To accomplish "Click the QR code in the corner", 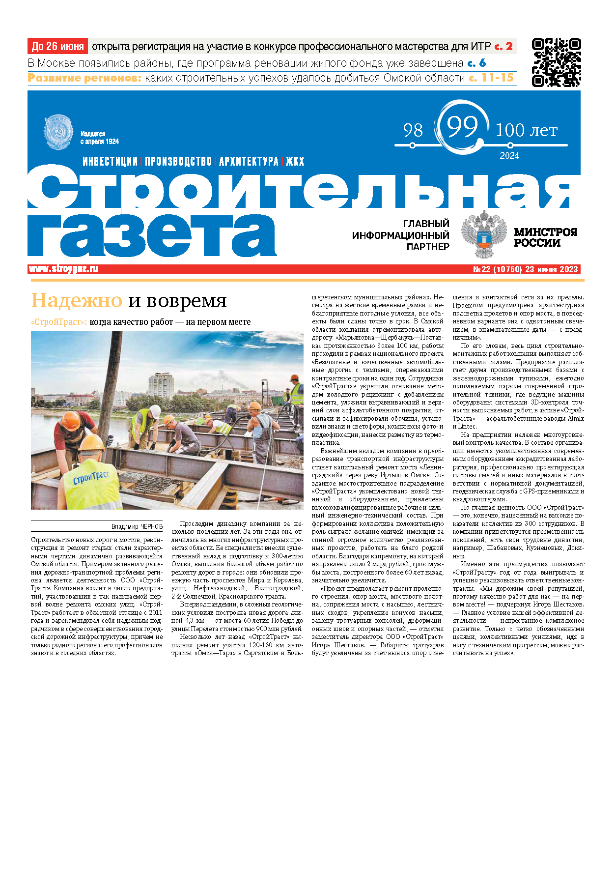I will pos(556,62).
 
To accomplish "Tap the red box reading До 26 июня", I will pos(57,47).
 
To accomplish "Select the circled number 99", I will pos(462,127).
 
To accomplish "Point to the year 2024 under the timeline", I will pos(509,156).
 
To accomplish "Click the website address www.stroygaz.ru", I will pos(63,269).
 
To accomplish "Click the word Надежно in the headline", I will pos(77,300).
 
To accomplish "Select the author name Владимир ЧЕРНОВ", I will pos(137,526).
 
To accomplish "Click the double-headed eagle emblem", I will pos(484,234).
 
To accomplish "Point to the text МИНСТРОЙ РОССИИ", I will pos(545,237).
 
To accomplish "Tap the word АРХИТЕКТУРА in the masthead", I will pos(249,162).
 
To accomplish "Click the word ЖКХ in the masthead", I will pos(295,162).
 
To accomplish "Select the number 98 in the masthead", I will pos(413,131).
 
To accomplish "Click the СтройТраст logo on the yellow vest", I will pos(92,477).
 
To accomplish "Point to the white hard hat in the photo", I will pos(155,411).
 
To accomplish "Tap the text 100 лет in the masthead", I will pos(526,131).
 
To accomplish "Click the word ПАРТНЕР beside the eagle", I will pos(427,247).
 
